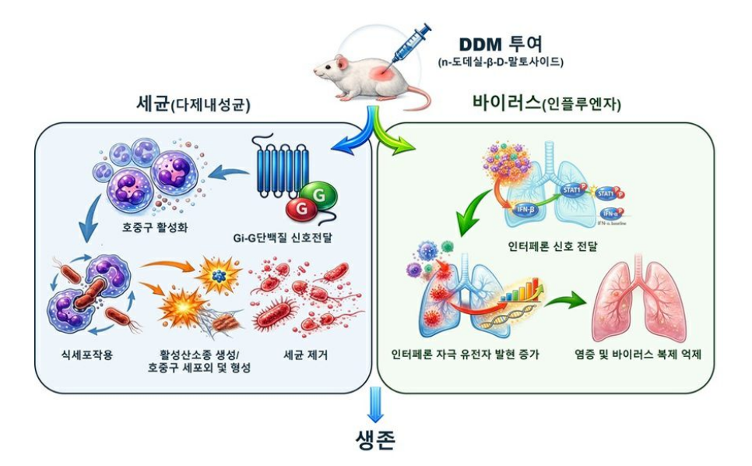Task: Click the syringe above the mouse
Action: pyautogui.click(x=409, y=44)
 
